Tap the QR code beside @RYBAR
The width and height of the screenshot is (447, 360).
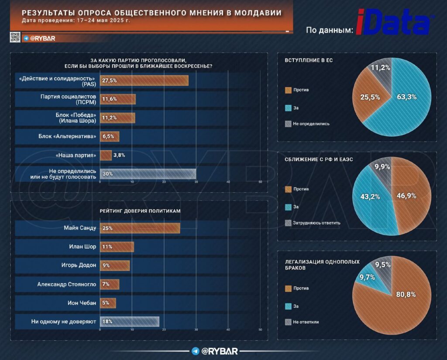point(15,38)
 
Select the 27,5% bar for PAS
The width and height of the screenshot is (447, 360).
point(144,80)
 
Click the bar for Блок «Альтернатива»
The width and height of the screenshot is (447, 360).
point(110,136)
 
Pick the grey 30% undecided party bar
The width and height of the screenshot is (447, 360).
point(148,173)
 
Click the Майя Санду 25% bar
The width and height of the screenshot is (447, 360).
point(140,228)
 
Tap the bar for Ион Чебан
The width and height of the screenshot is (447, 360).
point(108,303)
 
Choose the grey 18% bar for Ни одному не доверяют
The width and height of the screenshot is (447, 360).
point(129,322)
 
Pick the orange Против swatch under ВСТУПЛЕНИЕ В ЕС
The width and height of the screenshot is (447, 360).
point(288,90)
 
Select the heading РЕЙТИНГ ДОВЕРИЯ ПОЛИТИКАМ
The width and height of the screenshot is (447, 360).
point(140,211)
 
